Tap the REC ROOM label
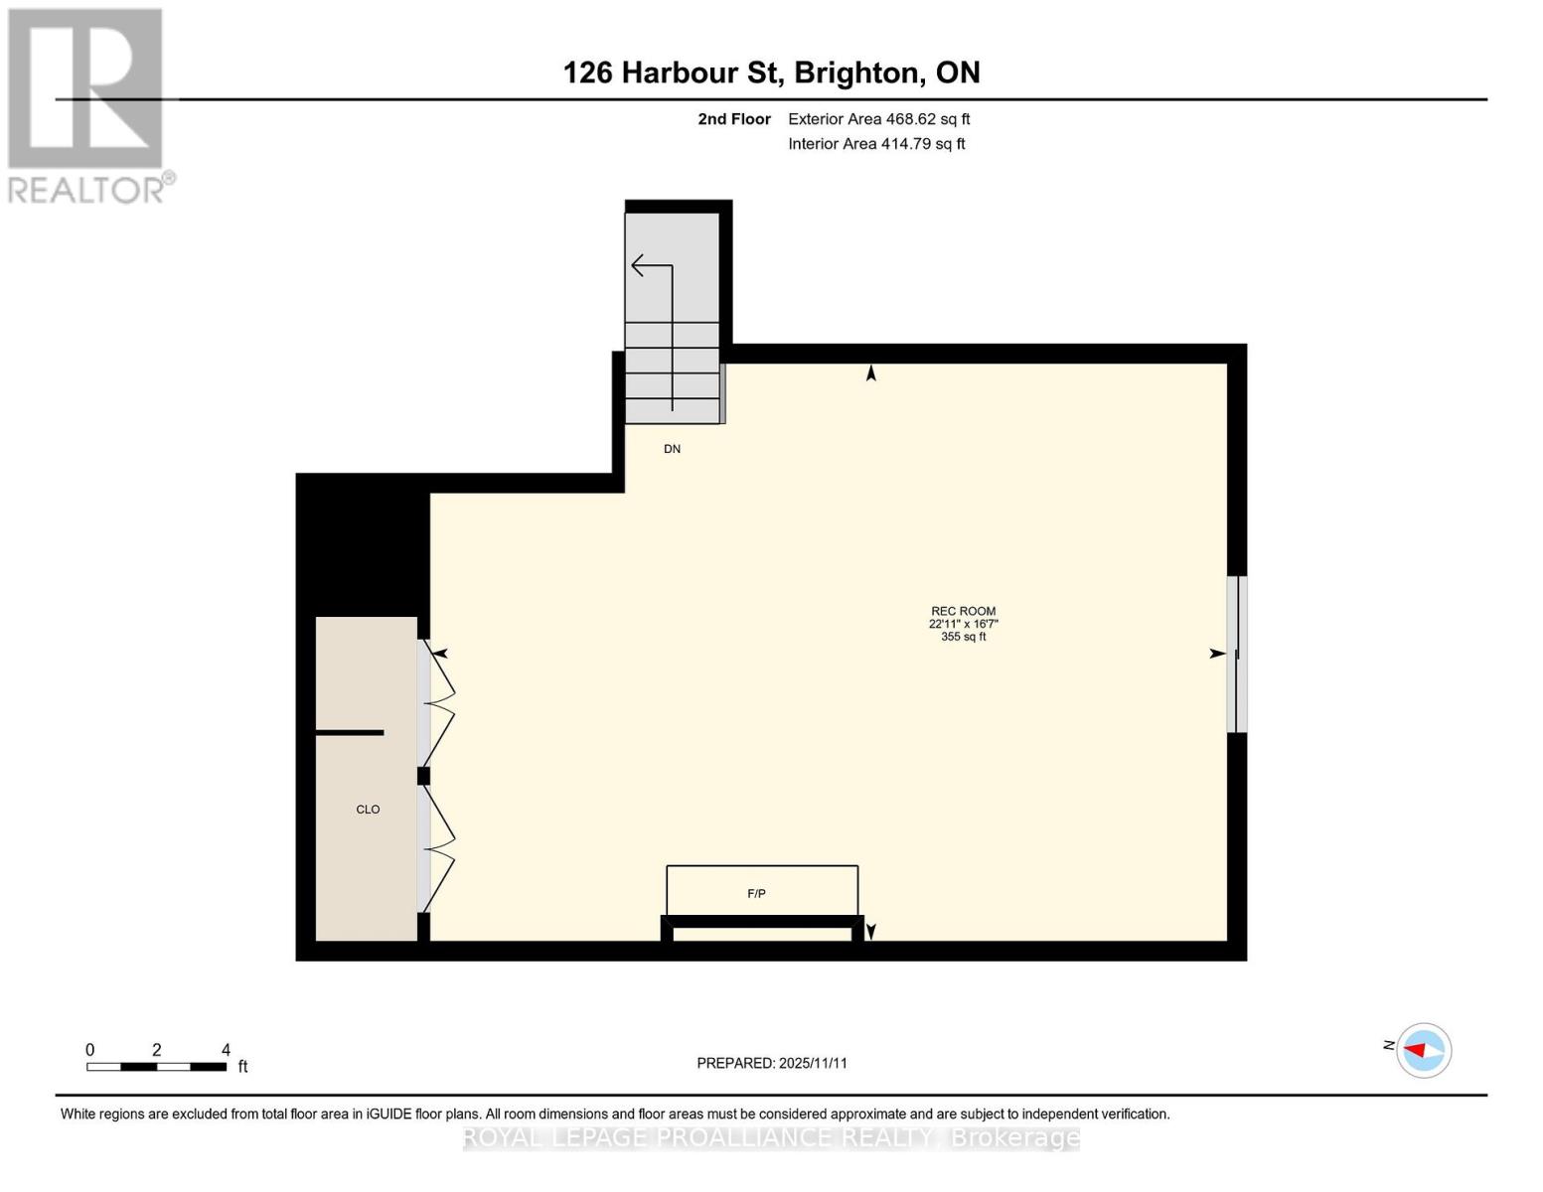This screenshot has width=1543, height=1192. pyautogui.click(x=963, y=611)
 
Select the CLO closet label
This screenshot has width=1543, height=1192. pyautogui.click(x=368, y=810)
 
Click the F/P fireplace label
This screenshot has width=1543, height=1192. pyautogui.click(x=756, y=894)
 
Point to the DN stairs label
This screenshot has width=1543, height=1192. pyautogui.click(x=673, y=449)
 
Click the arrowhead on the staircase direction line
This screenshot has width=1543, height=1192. pyautogui.click(x=638, y=265)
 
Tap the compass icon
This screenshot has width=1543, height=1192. pyautogui.click(x=1424, y=1050)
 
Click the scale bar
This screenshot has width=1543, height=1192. pyautogui.click(x=156, y=1067)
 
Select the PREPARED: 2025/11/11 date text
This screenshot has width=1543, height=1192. pyautogui.click(x=772, y=1063)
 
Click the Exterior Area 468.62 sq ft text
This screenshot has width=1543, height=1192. pyautogui.click(x=878, y=119)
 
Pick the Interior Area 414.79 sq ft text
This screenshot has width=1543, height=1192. pyautogui.click(x=876, y=144)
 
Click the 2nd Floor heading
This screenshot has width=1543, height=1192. pyautogui.click(x=734, y=119)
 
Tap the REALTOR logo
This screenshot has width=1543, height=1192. pyautogui.click(x=87, y=104)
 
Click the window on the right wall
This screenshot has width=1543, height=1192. pyautogui.click(x=1237, y=654)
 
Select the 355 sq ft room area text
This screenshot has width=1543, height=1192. pyautogui.click(x=963, y=637)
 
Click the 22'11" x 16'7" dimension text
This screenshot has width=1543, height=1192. pyautogui.click(x=963, y=624)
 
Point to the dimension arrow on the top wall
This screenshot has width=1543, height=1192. pyautogui.click(x=871, y=372)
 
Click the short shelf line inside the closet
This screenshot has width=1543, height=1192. pyautogui.click(x=350, y=733)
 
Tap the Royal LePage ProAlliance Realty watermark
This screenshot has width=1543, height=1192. pyautogui.click(x=771, y=1137)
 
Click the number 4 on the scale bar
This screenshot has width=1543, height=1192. pyautogui.click(x=226, y=1050)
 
